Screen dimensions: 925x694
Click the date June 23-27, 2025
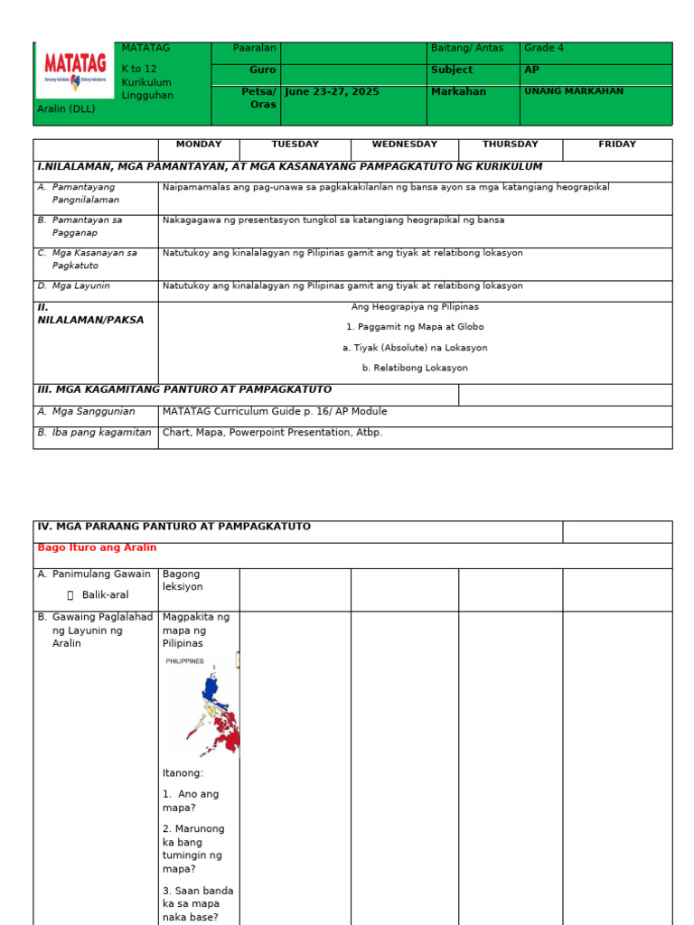pyautogui.click(x=331, y=92)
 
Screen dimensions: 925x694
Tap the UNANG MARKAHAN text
pyautogui.click(x=573, y=91)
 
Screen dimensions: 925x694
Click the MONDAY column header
pyautogui.click(x=199, y=145)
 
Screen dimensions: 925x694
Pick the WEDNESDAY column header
pyautogui.click(x=404, y=145)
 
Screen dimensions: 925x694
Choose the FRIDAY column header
pyautogui.click(x=617, y=145)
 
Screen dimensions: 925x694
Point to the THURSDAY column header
pyautogui.click(x=510, y=145)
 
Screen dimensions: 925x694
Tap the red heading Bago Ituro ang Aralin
pyautogui.click(x=97, y=548)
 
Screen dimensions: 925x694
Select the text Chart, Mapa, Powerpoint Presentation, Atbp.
pyautogui.click(x=272, y=433)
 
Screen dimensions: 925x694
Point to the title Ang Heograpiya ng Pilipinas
pyautogui.click(x=415, y=307)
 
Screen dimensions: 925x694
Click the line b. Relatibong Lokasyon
pyautogui.click(x=415, y=369)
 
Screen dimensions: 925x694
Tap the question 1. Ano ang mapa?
pyautogui.click(x=191, y=801)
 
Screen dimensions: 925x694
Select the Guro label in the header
pyautogui.click(x=263, y=70)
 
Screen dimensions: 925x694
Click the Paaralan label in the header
pyautogui.click(x=255, y=49)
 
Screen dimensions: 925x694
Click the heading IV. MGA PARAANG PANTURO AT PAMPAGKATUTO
pyautogui.click(x=173, y=527)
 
